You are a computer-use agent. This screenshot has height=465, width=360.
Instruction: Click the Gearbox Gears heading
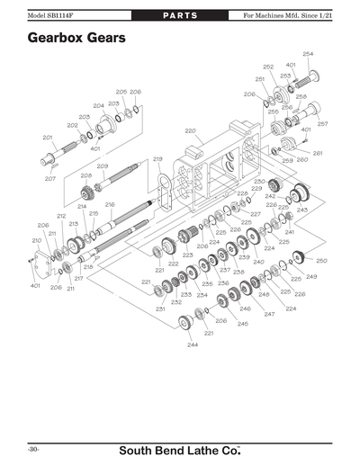tap(76, 39)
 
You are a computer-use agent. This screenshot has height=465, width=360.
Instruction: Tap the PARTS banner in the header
tap(179, 16)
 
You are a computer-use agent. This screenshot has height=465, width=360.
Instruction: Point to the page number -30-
tap(32, 448)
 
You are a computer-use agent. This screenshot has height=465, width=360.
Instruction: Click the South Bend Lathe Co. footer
tap(180, 448)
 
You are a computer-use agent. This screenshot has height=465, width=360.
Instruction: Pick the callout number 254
tap(308, 54)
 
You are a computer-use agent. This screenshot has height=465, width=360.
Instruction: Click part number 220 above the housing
tap(190, 131)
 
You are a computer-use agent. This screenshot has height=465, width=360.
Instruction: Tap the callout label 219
tap(157, 159)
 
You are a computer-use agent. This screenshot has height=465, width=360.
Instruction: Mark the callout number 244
tap(193, 344)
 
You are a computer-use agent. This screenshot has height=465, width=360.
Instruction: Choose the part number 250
tap(321, 260)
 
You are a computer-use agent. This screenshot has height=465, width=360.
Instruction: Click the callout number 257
tap(322, 123)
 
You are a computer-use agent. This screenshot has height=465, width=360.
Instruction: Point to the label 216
tap(110, 204)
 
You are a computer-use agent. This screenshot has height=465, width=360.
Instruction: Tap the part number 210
tap(37, 240)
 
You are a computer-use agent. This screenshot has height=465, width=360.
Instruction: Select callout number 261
tap(318, 154)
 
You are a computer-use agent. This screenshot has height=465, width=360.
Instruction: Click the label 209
tap(103, 166)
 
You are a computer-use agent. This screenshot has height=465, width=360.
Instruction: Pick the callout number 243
tap(302, 210)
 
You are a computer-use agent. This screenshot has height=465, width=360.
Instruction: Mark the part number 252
tap(268, 67)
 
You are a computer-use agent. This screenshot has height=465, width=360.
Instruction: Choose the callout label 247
tap(269, 314)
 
